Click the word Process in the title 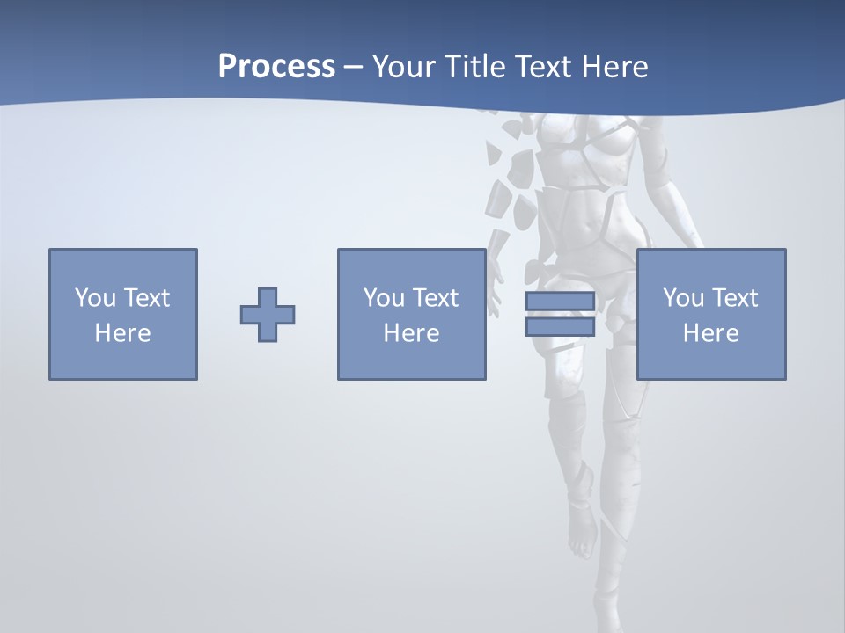276,67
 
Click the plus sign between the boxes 268,315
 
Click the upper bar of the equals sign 560,302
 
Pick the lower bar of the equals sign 560,326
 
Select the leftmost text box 123,314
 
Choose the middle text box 412,314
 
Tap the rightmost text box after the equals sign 711,314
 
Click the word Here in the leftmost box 123,333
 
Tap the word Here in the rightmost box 711,333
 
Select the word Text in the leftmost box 146,298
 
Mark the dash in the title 354,67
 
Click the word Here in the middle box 412,333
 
